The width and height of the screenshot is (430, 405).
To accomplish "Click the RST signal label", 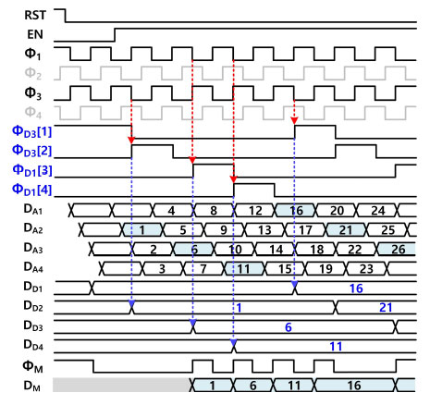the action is click(x=35, y=15).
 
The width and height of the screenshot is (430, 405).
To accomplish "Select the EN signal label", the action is click(x=35, y=34).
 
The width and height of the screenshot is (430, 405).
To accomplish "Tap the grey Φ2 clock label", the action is click(x=32, y=74).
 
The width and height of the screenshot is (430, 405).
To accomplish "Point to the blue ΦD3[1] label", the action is click(x=31, y=131).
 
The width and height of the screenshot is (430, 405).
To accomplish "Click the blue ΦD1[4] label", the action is click(x=31, y=190).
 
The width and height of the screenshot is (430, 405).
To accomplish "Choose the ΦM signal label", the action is click(x=32, y=367).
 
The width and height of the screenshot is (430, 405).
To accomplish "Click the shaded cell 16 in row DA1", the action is click(x=296, y=211).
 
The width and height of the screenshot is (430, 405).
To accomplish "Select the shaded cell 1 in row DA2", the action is click(x=142, y=229).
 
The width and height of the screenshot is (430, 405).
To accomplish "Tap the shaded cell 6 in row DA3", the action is click(x=193, y=249).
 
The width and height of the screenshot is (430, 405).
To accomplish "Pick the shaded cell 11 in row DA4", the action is click(x=244, y=268).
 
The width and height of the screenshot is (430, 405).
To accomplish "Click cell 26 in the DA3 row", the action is click(x=397, y=249).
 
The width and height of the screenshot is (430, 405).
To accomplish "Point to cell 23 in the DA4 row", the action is click(x=366, y=268).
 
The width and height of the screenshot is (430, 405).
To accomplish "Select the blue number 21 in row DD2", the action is click(x=386, y=307).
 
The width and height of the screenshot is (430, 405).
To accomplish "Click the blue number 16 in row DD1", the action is click(x=356, y=288).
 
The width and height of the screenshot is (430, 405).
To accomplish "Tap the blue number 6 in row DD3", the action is click(x=289, y=327).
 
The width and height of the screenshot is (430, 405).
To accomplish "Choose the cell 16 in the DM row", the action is click(x=354, y=386).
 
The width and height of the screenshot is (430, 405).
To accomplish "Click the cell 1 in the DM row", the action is click(x=212, y=386).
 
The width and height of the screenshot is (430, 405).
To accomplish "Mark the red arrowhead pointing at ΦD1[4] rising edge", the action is click(x=234, y=179).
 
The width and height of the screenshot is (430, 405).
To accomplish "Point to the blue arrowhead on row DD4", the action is click(x=233, y=342).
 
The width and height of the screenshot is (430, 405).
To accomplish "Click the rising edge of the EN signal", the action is click(x=115, y=34).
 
